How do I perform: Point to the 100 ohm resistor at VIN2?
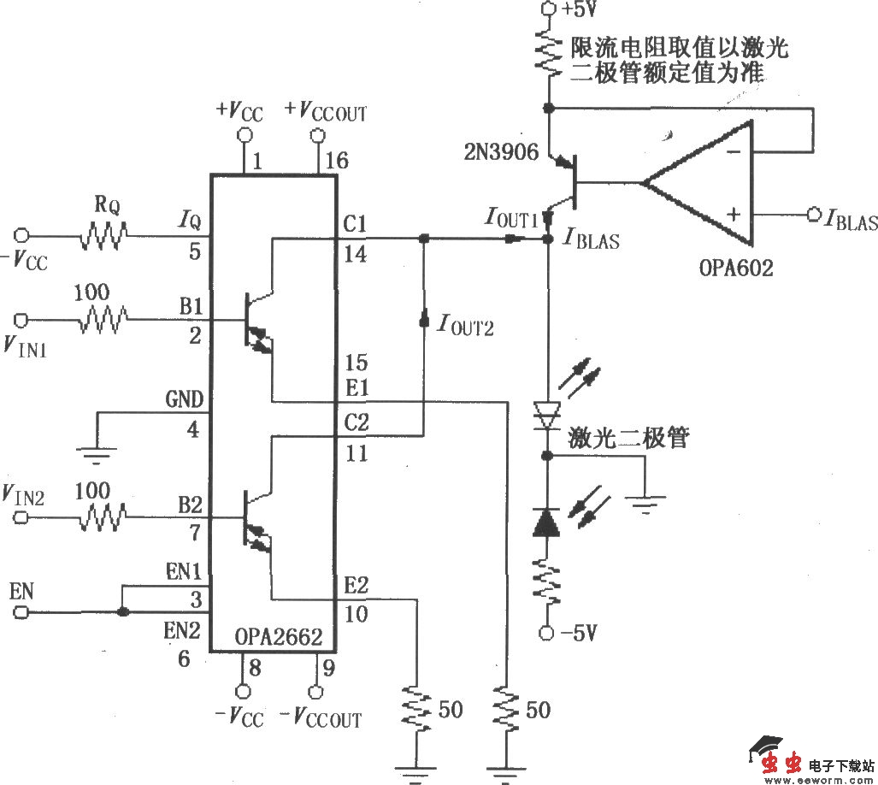click(x=103, y=517)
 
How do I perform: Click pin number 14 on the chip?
click(x=357, y=255)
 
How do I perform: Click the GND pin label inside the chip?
click(x=184, y=400)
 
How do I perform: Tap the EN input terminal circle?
click(x=21, y=612)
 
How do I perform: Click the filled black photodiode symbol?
click(x=545, y=521)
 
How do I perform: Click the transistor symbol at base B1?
click(x=257, y=323)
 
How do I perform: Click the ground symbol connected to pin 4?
click(x=99, y=455)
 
